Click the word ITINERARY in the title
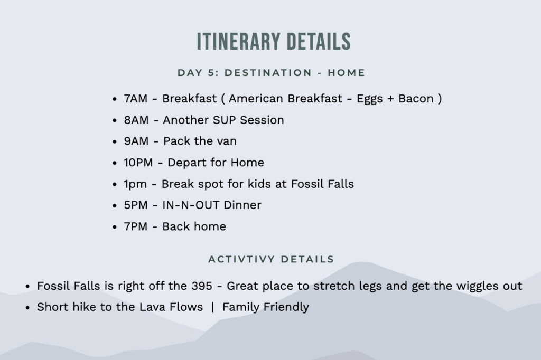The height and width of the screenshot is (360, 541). tap(238, 42)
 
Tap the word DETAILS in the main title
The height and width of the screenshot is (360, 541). tap(319, 42)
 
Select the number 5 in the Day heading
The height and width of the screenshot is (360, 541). tap(211, 73)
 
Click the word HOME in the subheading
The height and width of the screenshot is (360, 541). tap(346, 73)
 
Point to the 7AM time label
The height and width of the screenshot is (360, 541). tap(136, 99)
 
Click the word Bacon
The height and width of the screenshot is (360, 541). tap(416, 99)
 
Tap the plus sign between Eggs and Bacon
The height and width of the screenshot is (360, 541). tap(390, 99)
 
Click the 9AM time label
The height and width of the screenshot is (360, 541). tap(136, 141)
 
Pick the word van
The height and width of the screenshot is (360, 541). tap(227, 141)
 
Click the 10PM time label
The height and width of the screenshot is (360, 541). tap(138, 163)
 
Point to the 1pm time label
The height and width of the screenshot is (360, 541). tap(135, 184)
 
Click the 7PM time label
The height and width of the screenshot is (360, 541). tap(136, 226)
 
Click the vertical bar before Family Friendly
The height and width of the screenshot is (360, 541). tap(212, 307)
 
